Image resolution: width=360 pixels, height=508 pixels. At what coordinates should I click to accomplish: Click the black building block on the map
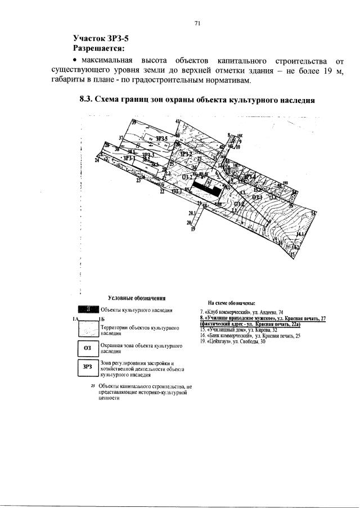click(206, 188)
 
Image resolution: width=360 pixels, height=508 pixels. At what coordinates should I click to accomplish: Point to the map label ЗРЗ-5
click(163, 138)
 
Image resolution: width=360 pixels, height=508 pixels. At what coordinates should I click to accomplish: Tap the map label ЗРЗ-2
click(186, 154)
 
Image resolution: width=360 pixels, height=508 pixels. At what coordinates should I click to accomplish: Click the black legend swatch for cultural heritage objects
click(88, 309)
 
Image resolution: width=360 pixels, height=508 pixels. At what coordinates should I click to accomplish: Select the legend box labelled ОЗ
click(87, 349)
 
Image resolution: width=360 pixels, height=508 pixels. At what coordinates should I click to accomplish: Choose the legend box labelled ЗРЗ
click(87, 367)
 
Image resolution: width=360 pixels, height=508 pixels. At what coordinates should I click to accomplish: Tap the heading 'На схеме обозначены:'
click(232, 302)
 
